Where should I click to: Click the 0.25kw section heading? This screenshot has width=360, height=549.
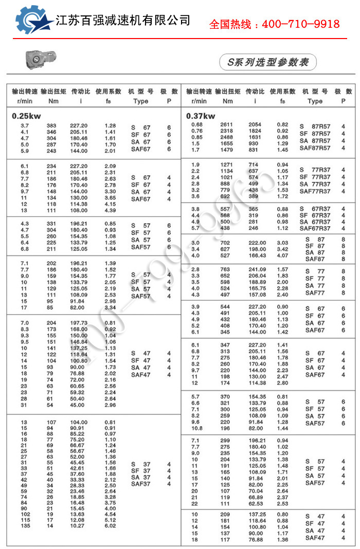click(26, 116)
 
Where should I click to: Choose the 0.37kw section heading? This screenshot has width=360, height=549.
click(201, 116)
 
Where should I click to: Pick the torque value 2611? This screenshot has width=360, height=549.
click(227, 125)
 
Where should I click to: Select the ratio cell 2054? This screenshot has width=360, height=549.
click(255, 125)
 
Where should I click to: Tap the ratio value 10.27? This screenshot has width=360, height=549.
click(79, 526)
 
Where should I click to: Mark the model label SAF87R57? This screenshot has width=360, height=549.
click(315, 148)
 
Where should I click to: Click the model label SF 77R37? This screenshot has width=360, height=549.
click(315, 177)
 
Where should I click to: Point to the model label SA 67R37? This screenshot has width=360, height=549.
click(315, 222)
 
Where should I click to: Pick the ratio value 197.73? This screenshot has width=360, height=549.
click(79, 323)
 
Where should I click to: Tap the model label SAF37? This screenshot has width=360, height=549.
click(140, 484)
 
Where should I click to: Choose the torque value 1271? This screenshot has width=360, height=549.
click(227, 164)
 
